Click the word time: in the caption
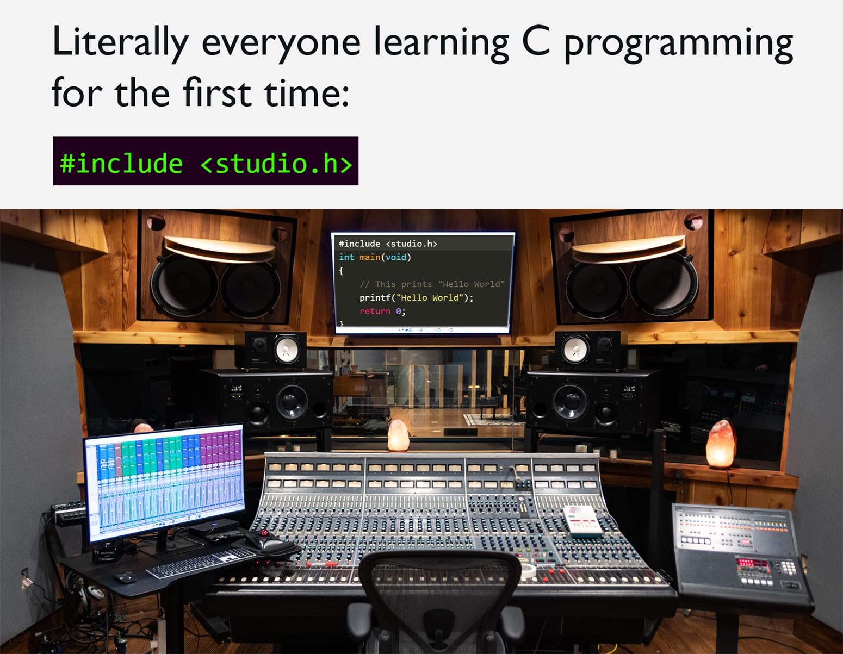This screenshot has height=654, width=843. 307,92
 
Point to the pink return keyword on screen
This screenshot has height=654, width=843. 375,311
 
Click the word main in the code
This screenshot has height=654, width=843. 370,257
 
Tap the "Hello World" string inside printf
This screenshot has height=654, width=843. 430,298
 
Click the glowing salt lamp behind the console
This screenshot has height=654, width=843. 398,435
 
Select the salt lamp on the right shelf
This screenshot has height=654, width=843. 721,444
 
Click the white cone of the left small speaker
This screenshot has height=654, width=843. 287,348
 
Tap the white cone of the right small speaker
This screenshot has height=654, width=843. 576,349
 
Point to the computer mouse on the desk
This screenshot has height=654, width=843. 126,578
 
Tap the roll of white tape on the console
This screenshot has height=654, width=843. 527,570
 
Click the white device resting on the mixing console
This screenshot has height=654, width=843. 581,521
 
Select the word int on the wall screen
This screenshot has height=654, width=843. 346,257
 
